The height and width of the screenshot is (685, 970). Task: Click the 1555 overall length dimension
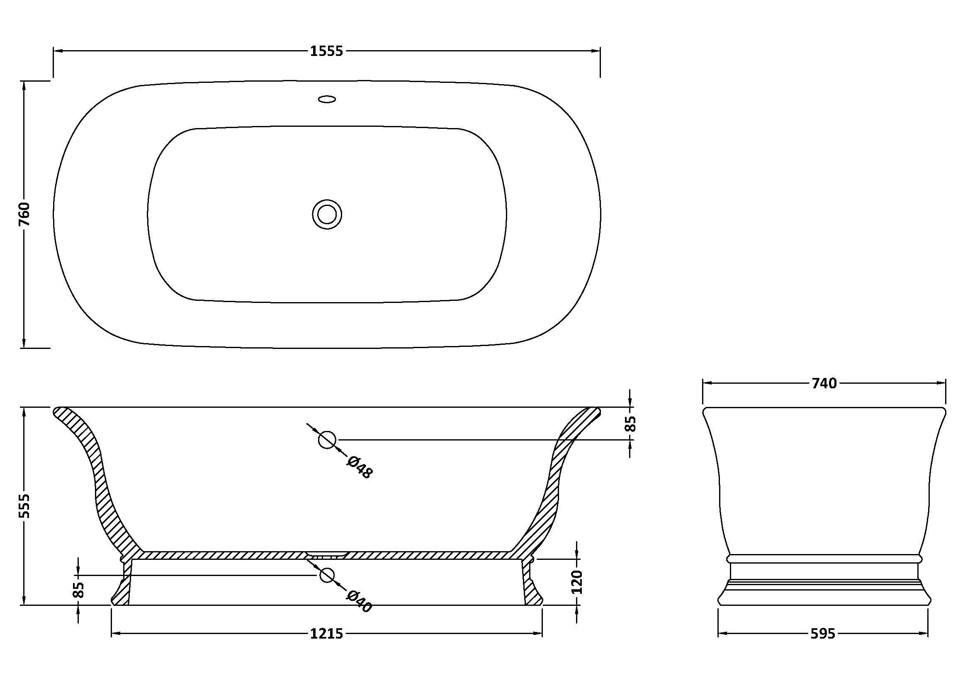click(x=326, y=51)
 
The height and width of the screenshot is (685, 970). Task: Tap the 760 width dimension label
click(x=24, y=214)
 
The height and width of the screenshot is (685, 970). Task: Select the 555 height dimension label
click(x=24, y=506)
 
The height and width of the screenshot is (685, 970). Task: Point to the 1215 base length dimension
click(x=326, y=634)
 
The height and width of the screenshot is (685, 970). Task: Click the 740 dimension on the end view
click(x=824, y=383)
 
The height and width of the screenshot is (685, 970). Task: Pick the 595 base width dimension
click(x=823, y=634)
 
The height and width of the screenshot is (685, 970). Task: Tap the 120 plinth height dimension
click(x=577, y=581)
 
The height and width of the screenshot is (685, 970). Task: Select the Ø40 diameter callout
click(x=359, y=601)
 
